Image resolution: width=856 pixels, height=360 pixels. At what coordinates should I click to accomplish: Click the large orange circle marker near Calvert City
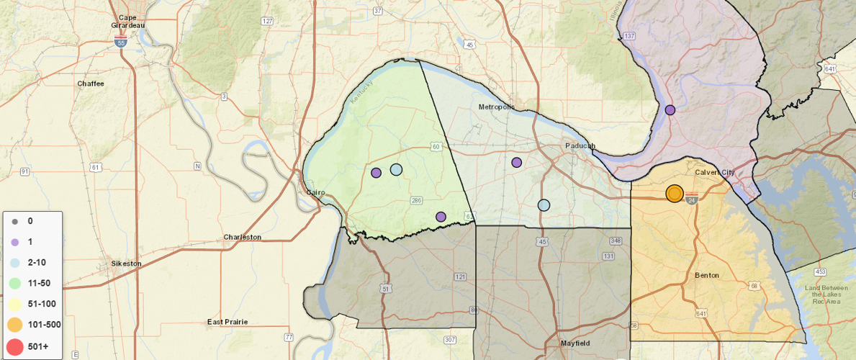[675, 194]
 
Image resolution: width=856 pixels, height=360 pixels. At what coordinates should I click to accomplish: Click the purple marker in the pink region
[670, 110]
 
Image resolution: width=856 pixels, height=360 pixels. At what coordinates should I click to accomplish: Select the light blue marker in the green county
[396, 170]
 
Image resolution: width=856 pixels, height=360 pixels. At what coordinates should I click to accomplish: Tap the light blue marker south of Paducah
[544, 205]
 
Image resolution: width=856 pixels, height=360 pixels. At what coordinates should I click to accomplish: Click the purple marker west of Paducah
[517, 163]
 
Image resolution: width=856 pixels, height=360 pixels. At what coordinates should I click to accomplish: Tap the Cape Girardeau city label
[128, 21]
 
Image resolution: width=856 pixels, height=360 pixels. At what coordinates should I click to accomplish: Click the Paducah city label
[580, 145]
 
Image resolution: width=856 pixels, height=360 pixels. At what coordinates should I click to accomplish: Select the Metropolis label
[497, 107]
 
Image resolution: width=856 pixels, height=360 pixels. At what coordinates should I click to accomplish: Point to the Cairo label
[315, 192]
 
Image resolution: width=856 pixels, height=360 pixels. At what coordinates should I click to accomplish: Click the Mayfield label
[575, 343]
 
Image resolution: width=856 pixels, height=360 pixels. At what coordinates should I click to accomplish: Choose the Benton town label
[707, 276]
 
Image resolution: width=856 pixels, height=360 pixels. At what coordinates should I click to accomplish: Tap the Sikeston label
[126, 264]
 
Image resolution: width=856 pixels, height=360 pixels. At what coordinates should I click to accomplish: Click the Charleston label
[243, 237]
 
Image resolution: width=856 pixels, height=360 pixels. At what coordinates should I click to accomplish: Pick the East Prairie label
[227, 322]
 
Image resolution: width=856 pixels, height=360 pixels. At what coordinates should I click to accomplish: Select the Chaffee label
[91, 84]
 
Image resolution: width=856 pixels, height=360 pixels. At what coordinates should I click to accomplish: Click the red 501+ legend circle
[15, 346]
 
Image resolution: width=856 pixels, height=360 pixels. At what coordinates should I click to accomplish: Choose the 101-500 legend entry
[44, 325]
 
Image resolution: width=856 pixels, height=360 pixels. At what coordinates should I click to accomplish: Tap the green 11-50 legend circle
[15, 284]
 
